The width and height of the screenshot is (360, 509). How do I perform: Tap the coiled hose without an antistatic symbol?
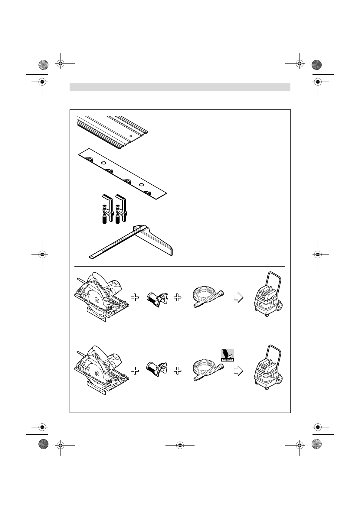point(208,298)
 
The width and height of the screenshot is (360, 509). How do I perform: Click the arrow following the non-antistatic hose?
point(239,298)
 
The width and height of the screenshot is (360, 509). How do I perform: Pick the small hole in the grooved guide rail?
point(131,136)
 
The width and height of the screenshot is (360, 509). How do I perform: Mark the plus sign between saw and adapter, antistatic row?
point(135,371)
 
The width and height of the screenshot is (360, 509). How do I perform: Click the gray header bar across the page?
point(180,87)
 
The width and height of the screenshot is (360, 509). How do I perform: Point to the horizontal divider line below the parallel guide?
point(180,266)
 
